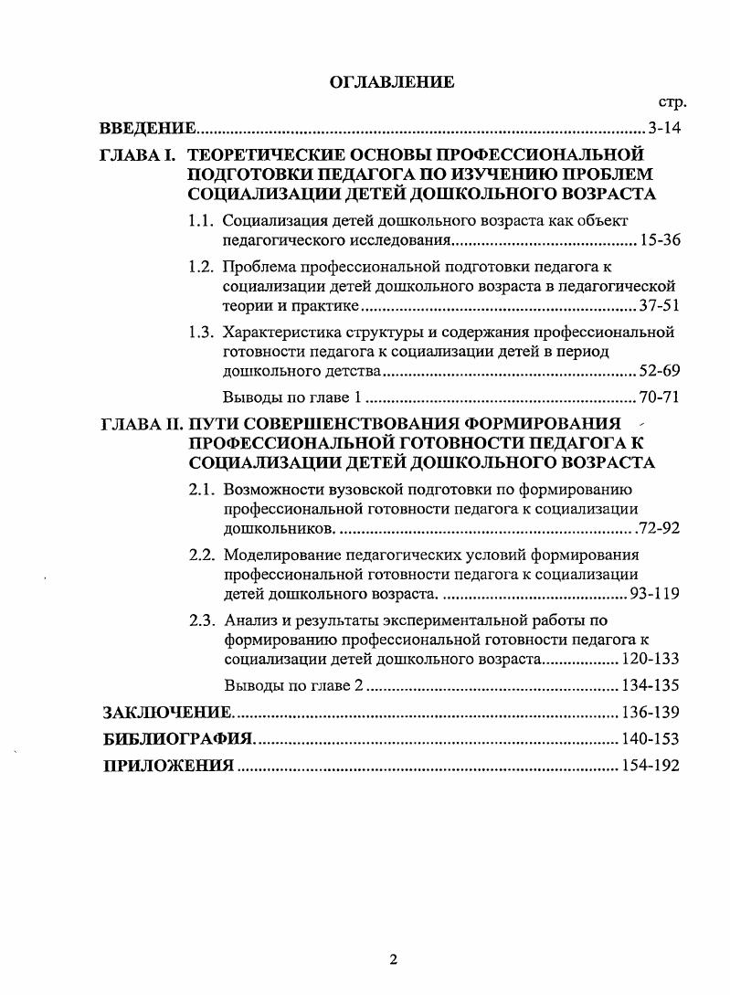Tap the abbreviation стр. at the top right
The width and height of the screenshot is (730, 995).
tap(672, 102)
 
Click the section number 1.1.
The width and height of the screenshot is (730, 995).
tap(201, 220)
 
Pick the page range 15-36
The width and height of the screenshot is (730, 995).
tap(660, 240)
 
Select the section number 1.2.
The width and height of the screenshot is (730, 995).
tap(201, 267)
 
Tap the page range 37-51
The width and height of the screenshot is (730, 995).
tap(660, 306)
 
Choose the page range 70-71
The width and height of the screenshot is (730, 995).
tap(660, 397)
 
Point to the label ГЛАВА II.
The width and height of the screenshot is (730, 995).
tap(141, 423)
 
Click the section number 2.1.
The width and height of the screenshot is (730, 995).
tap(202, 489)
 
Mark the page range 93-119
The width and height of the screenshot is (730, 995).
tap(655, 594)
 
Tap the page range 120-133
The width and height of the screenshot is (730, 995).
tap(651, 659)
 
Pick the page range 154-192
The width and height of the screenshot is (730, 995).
tap(651, 766)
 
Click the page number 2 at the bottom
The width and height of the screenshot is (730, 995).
tap(392, 959)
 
